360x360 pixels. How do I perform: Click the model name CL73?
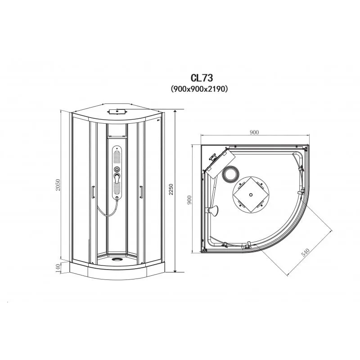[x=202, y=78]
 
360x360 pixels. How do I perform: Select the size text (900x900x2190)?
[x=199, y=89]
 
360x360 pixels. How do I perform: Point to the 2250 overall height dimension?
[x=171, y=189]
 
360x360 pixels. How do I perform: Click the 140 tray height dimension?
[x=58, y=268]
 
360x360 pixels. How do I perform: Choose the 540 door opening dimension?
[x=306, y=252]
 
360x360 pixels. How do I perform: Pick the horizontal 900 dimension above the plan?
[x=254, y=132]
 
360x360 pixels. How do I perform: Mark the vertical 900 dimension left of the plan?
[x=189, y=200]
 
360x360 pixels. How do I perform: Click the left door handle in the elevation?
[x=93, y=192]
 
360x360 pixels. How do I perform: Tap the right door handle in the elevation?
[x=141, y=192]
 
